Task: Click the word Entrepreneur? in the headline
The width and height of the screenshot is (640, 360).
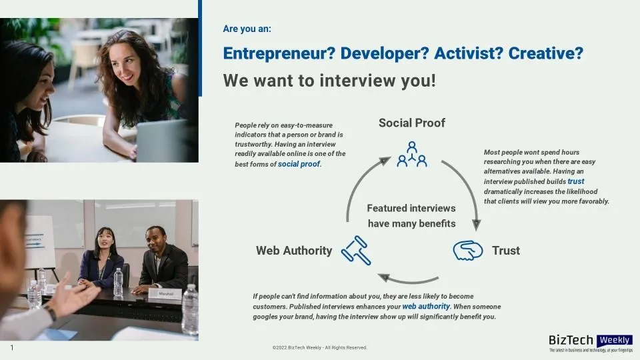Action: (279, 53)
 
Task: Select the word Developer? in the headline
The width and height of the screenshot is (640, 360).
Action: (385, 53)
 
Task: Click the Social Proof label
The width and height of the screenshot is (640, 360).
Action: (412, 123)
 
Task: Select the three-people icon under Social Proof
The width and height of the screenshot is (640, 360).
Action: (412, 154)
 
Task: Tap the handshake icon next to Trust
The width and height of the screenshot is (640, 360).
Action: (468, 250)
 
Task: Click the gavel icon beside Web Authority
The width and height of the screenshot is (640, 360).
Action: (356, 251)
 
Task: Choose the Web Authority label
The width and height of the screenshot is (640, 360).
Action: (294, 251)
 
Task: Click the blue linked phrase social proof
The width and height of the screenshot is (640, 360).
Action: (299, 164)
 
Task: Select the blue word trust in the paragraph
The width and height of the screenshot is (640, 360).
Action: (576, 181)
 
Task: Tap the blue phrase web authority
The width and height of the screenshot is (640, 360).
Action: (426, 307)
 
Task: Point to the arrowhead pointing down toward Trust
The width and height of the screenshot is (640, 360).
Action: (476, 225)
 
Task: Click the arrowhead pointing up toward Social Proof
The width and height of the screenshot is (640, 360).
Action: (385, 161)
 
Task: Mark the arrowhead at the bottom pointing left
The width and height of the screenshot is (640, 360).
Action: (384, 277)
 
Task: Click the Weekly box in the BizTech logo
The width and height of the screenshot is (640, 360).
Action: (614, 340)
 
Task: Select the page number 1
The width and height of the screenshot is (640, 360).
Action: (12, 348)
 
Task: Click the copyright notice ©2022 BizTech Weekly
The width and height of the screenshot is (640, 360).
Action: (319, 348)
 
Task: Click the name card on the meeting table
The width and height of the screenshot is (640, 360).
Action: (165, 294)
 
